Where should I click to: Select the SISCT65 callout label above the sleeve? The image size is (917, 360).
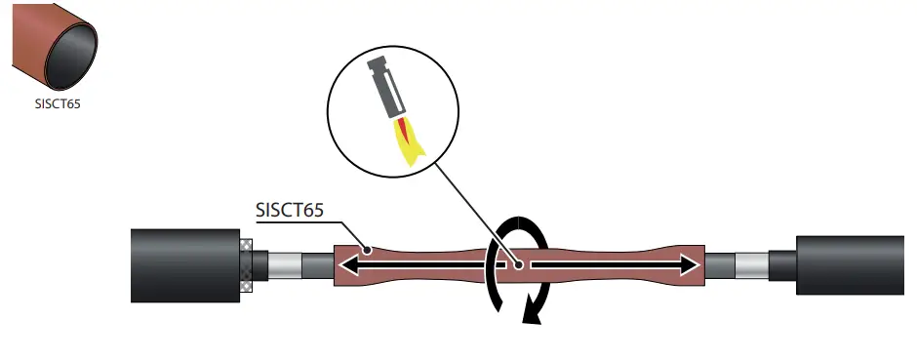click(294, 211)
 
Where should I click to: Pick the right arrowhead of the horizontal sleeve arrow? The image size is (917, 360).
click(692, 264)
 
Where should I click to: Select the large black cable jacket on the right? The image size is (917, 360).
click(848, 264)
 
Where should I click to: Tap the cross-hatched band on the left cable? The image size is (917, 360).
click(246, 264)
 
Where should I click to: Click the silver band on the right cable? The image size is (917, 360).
click(751, 264)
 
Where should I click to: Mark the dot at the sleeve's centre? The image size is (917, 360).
click(518, 264)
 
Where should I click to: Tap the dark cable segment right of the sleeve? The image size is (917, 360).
click(719, 264)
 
